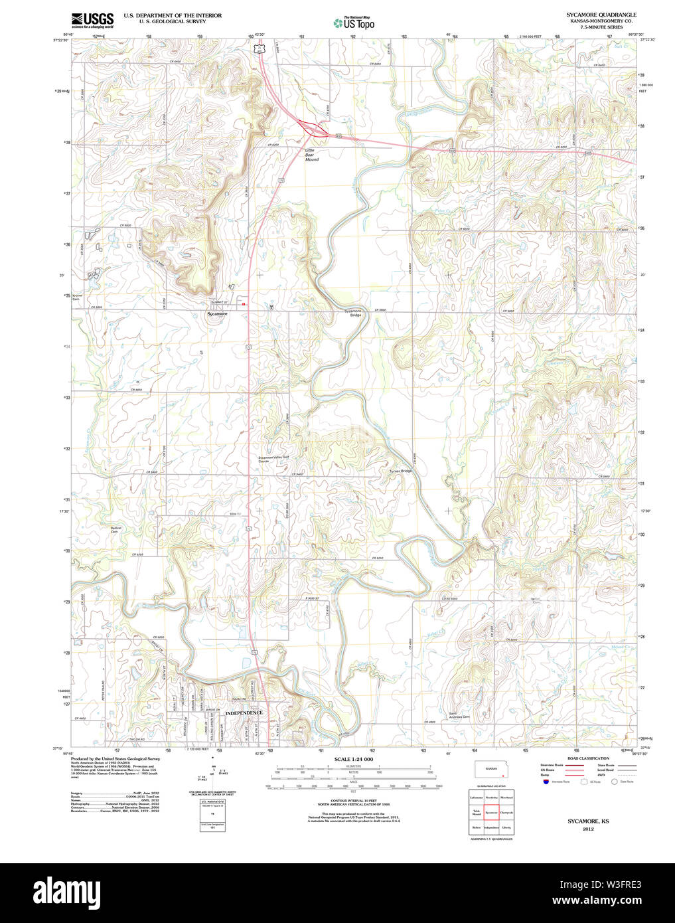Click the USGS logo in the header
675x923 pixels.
tap(92, 19)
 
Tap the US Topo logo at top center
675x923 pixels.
tap(354, 23)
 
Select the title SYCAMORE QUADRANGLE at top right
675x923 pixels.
tap(601, 15)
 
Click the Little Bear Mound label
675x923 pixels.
tap(311, 155)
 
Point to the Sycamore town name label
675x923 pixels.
tap(216, 313)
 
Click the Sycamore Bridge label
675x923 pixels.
tap(352, 313)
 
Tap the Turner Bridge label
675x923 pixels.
tap(401, 471)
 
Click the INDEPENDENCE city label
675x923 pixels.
tap(244, 713)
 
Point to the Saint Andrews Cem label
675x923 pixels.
tap(459, 716)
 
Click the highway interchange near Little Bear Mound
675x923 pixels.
tap(311, 127)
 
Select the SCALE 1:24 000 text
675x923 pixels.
tap(353, 759)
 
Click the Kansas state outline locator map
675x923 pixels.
tap(492, 770)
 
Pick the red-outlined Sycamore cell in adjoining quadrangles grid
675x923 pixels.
tap(491, 811)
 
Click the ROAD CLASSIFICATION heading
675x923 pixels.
tap(588, 758)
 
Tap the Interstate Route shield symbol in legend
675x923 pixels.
tap(546, 782)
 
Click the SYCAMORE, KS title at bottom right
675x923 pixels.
tap(588, 821)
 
